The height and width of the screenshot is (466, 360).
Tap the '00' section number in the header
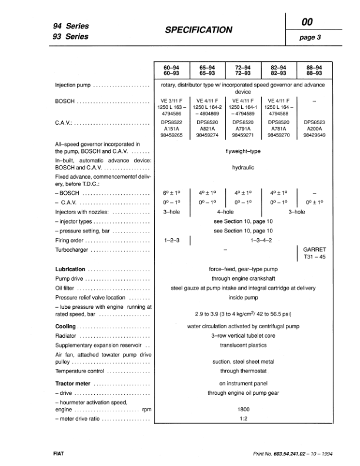pyautogui.click(x=307, y=22)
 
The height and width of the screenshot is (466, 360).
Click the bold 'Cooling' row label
pyautogui.click(x=65, y=326)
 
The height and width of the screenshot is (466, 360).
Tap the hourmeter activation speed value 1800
pyautogui.click(x=239, y=409)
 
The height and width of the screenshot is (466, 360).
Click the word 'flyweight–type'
pyautogui.click(x=238, y=150)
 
